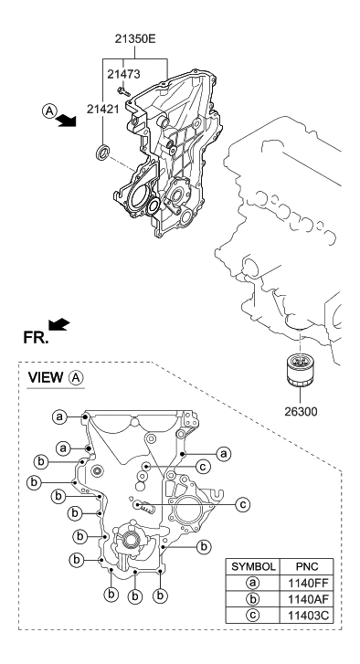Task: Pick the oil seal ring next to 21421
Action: point(105,150)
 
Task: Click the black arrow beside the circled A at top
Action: point(65,122)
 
